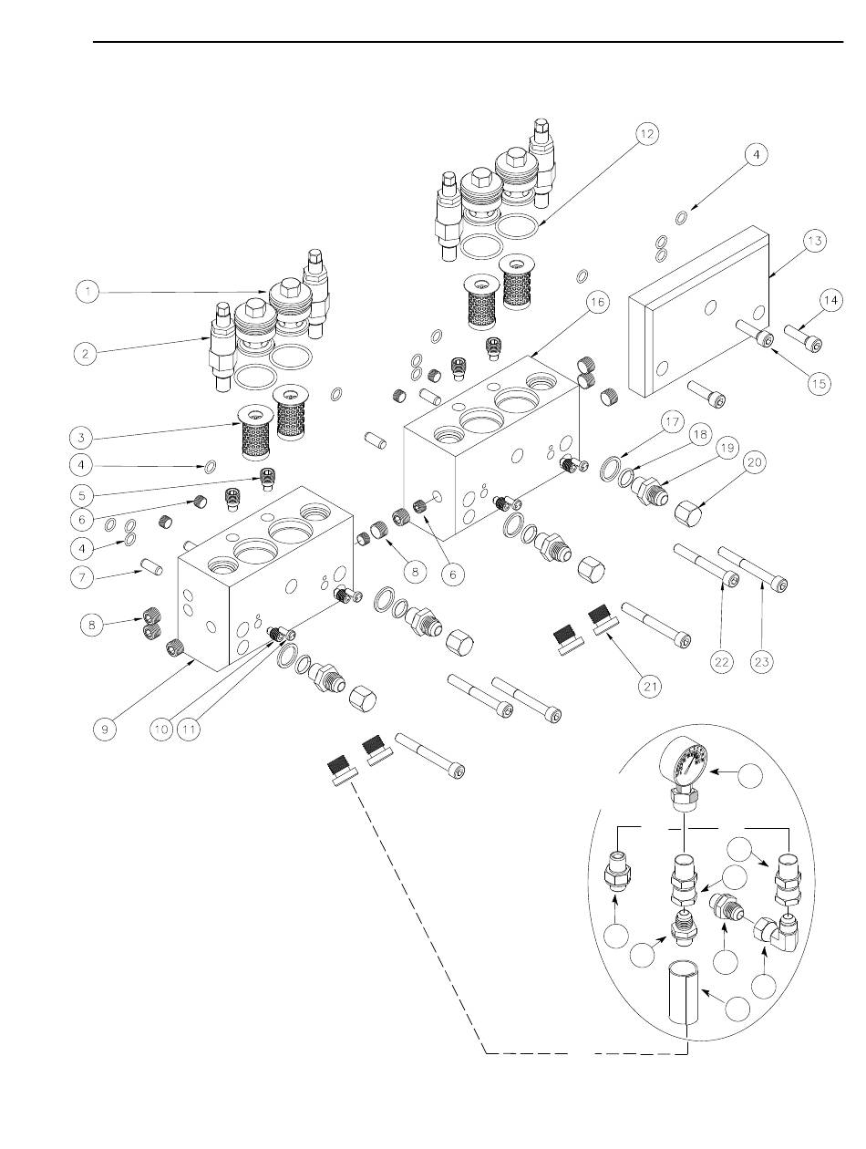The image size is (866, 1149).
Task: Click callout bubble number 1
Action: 87,292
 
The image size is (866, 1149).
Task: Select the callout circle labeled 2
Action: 87,352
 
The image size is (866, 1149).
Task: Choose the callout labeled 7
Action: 87,575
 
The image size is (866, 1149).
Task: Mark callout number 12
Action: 645,134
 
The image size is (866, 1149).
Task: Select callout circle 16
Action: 598,305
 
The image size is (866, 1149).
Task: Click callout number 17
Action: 673,422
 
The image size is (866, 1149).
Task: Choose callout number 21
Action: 649,686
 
